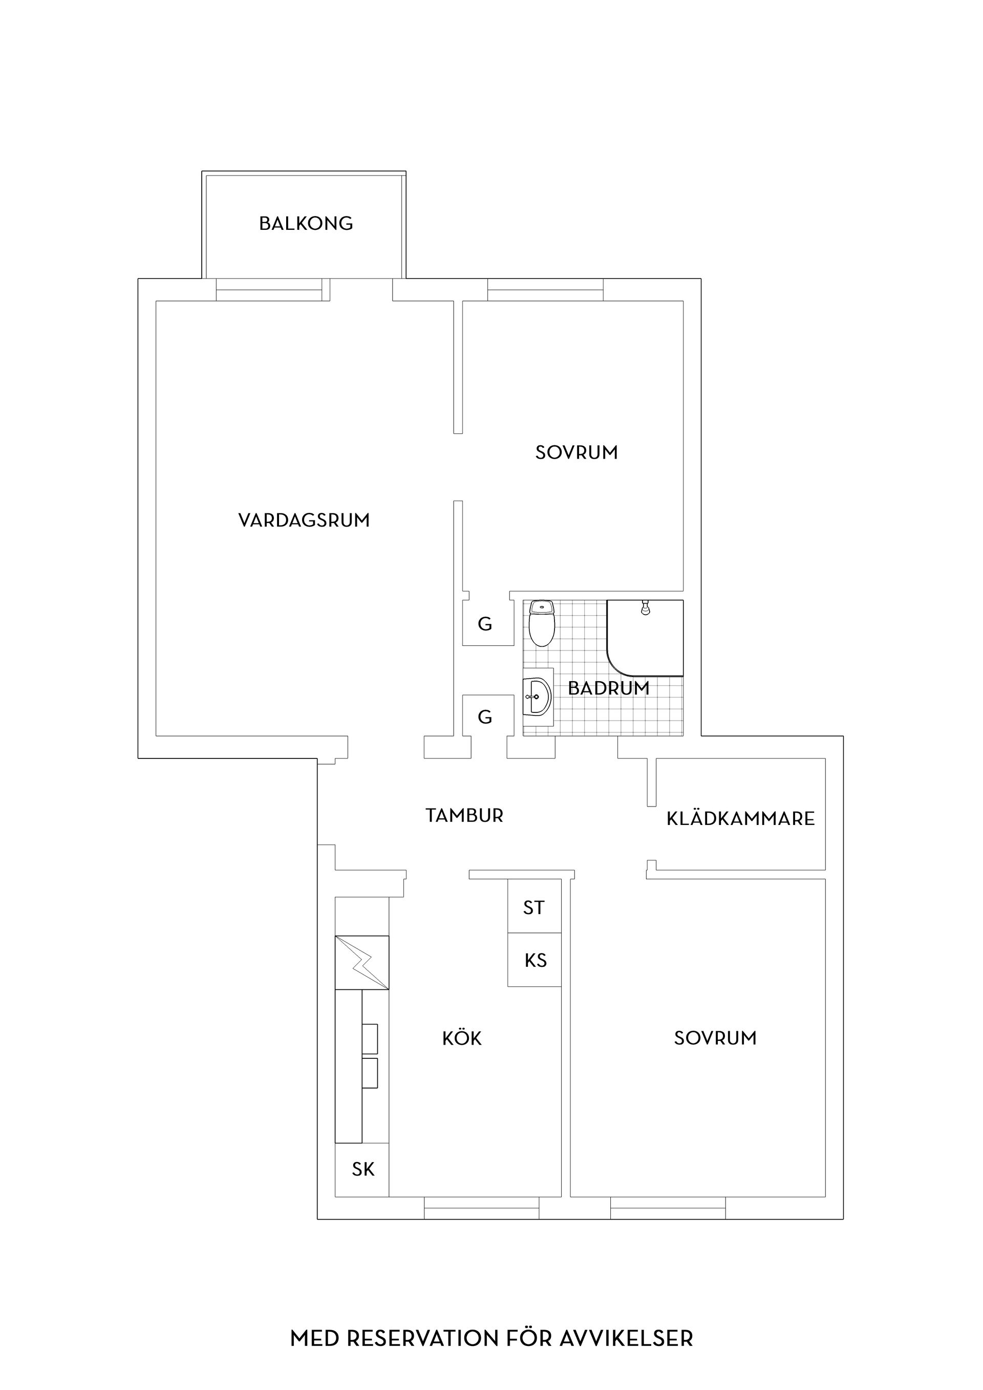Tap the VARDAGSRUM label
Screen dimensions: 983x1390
tap(304, 520)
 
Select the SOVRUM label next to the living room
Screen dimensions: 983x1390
tap(576, 452)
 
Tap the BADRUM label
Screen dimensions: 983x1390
tap(609, 688)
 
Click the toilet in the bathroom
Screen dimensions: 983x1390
tap(542, 623)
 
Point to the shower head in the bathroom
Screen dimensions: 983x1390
tap(646, 607)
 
